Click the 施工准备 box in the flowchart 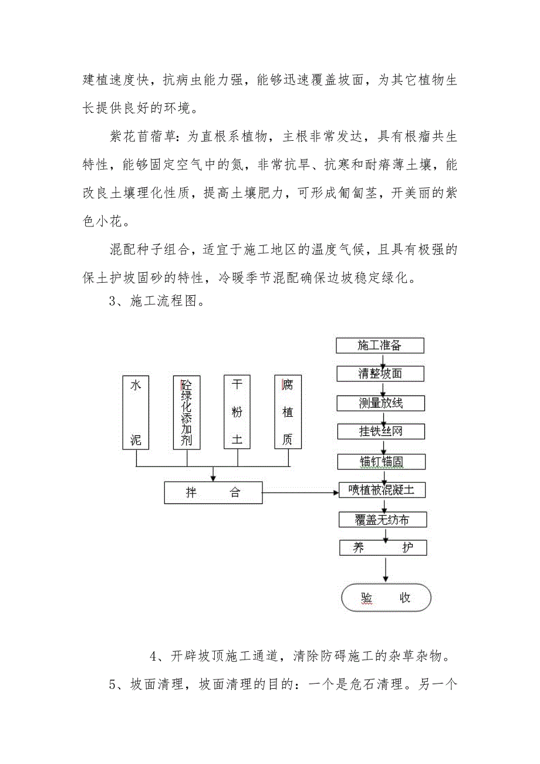coord(380,346)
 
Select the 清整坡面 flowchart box coord(380,374)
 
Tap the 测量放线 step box coord(380,403)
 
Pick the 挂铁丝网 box coord(380,432)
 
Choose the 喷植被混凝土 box coord(382,491)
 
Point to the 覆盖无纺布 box coord(382,519)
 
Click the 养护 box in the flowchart coord(382,548)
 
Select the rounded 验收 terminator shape coord(386,598)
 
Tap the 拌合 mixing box coord(213,492)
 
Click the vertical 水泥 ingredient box coord(136,413)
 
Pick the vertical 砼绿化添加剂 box coord(187,413)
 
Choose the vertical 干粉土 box coord(237,413)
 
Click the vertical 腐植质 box coord(288,413)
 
